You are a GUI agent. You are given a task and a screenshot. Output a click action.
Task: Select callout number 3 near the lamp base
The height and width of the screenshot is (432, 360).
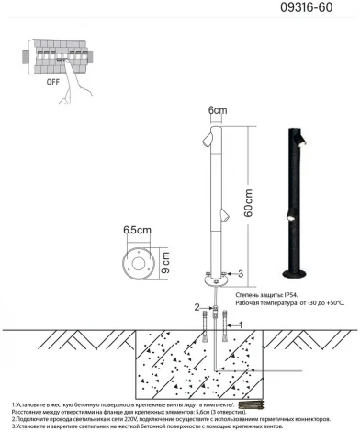tap(240, 274)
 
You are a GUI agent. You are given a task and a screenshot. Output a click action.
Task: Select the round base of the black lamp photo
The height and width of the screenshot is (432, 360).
tap(296, 275)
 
